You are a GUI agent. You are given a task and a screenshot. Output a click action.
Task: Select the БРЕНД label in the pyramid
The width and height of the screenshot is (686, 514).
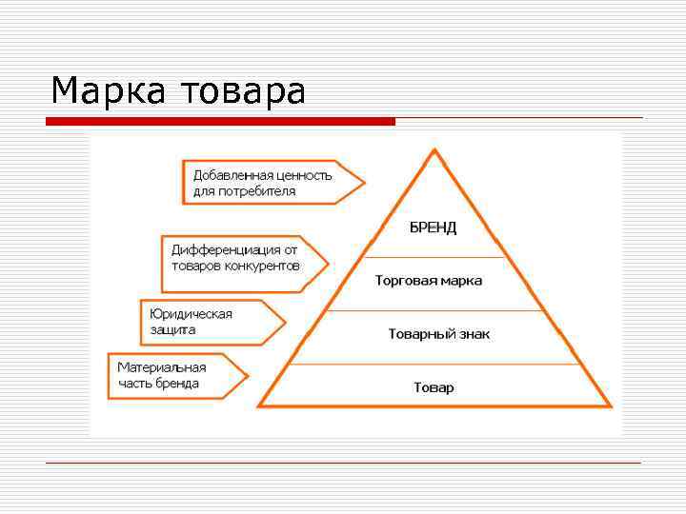tap(434, 227)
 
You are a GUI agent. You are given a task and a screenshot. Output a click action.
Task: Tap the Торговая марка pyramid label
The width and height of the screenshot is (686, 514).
tap(429, 281)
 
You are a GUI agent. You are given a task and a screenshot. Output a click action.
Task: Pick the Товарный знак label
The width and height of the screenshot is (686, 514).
tap(438, 334)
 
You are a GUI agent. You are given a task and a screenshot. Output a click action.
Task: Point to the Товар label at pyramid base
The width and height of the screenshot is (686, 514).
tap(434, 387)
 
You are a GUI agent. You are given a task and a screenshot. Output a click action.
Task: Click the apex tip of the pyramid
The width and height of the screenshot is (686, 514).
tap(434, 150)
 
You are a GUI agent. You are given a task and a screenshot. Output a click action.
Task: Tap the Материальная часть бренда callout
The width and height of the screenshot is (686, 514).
tap(171, 375)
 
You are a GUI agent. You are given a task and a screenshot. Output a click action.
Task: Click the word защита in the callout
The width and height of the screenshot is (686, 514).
tap(172, 329)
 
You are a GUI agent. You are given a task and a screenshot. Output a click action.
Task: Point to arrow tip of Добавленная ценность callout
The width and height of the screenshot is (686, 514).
tap(363, 182)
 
